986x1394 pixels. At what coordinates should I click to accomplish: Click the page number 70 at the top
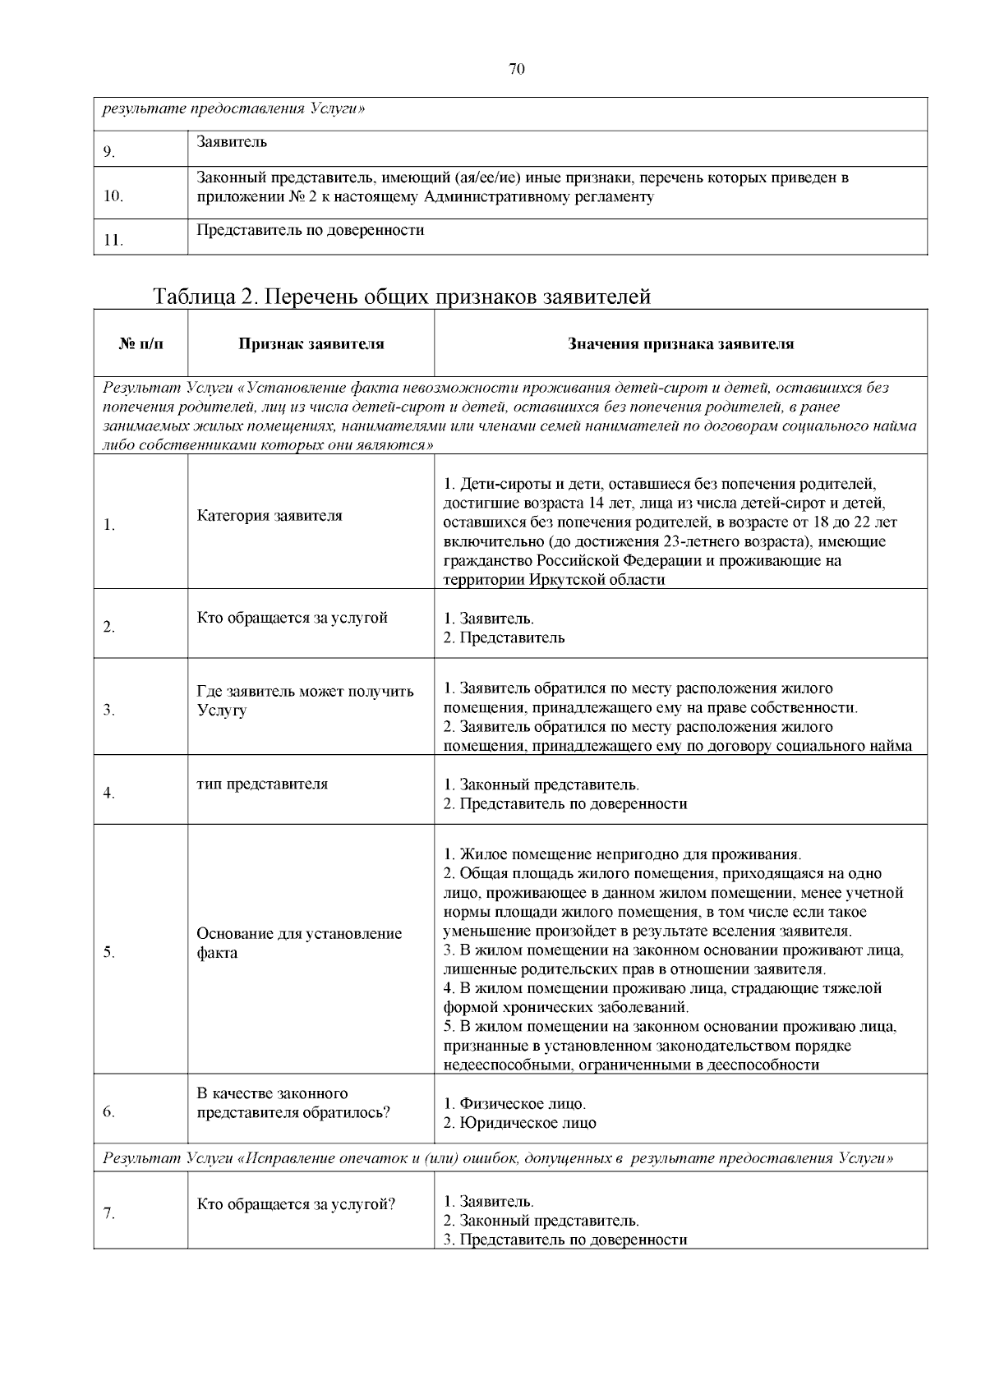pyautogui.click(x=516, y=69)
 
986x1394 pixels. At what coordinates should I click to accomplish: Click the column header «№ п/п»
pyautogui.click(x=141, y=344)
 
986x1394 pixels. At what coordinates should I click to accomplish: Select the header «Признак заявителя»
pyautogui.click(x=311, y=344)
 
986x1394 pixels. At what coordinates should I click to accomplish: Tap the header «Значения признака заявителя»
pyautogui.click(x=680, y=344)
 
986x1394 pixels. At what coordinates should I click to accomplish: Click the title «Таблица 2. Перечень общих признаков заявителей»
pyautogui.click(x=402, y=297)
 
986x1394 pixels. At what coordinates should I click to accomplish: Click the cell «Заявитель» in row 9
pyautogui.click(x=233, y=142)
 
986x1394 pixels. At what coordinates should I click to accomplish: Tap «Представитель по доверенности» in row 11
pyautogui.click(x=311, y=230)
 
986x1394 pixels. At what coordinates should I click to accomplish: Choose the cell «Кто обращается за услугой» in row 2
pyautogui.click(x=292, y=618)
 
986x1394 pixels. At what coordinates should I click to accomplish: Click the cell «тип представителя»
pyautogui.click(x=262, y=784)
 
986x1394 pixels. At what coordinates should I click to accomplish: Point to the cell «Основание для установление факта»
pyautogui.click(x=299, y=943)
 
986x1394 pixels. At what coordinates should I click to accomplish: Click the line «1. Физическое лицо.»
pyautogui.click(x=514, y=1103)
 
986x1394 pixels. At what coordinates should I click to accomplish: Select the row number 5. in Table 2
pyautogui.click(x=109, y=953)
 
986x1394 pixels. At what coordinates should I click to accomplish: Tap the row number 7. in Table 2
pyautogui.click(x=109, y=1214)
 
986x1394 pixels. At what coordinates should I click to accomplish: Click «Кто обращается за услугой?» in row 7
pyautogui.click(x=296, y=1204)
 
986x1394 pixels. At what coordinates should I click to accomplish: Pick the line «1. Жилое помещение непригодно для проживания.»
pyautogui.click(x=622, y=854)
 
